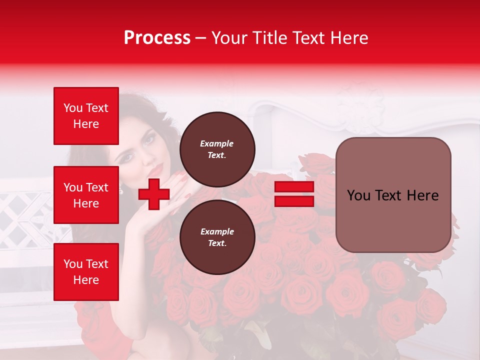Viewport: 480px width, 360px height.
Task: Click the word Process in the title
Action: pyautogui.click(x=157, y=38)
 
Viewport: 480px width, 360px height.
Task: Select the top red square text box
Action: pyautogui.click(x=86, y=116)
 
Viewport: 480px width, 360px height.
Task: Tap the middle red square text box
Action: pyautogui.click(x=86, y=195)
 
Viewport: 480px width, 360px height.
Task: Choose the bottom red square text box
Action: pyautogui.click(x=86, y=272)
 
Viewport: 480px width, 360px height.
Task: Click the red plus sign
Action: pyautogui.click(x=154, y=194)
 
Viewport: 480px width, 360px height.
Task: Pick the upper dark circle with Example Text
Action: pyautogui.click(x=217, y=149)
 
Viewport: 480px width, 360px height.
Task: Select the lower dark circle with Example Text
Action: pyautogui.click(x=217, y=237)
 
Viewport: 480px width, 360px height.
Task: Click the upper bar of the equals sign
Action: pyautogui.click(x=294, y=187)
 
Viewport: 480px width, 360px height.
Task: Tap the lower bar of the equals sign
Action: pyautogui.click(x=294, y=201)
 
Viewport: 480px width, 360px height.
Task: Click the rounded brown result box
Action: pyautogui.click(x=393, y=195)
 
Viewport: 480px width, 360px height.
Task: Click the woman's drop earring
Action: pyautogui.click(x=121, y=189)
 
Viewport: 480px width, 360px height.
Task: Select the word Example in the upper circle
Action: pyautogui.click(x=217, y=143)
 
